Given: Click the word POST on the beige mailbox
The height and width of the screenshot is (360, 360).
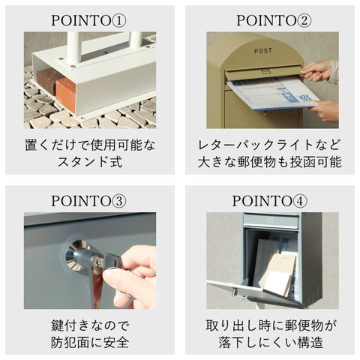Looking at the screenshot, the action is tap(263, 51).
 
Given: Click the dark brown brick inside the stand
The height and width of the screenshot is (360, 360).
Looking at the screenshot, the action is tap(48, 82).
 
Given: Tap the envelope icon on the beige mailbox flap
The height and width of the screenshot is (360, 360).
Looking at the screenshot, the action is tap(266, 72).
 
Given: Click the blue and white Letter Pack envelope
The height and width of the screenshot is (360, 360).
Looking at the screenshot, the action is tap(272, 94).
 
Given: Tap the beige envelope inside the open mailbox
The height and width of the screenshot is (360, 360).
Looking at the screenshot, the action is tap(279, 274).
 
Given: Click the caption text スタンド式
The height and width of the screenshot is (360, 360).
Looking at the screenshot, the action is tap(90, 162).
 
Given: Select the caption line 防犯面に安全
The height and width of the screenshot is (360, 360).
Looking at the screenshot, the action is tap(90, 342).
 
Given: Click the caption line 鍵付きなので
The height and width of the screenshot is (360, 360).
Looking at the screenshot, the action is tap(90, 325).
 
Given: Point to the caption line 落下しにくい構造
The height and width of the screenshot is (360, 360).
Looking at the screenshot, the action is tap(271, 342).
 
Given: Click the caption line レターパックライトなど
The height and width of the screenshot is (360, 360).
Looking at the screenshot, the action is tap(269, 145).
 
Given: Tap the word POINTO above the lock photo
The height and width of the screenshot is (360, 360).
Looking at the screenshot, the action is tap(81, 201).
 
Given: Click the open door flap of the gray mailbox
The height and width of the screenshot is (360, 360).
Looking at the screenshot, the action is tap(253, 291).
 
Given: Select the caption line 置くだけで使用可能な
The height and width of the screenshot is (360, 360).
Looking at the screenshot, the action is tap(90, 145).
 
